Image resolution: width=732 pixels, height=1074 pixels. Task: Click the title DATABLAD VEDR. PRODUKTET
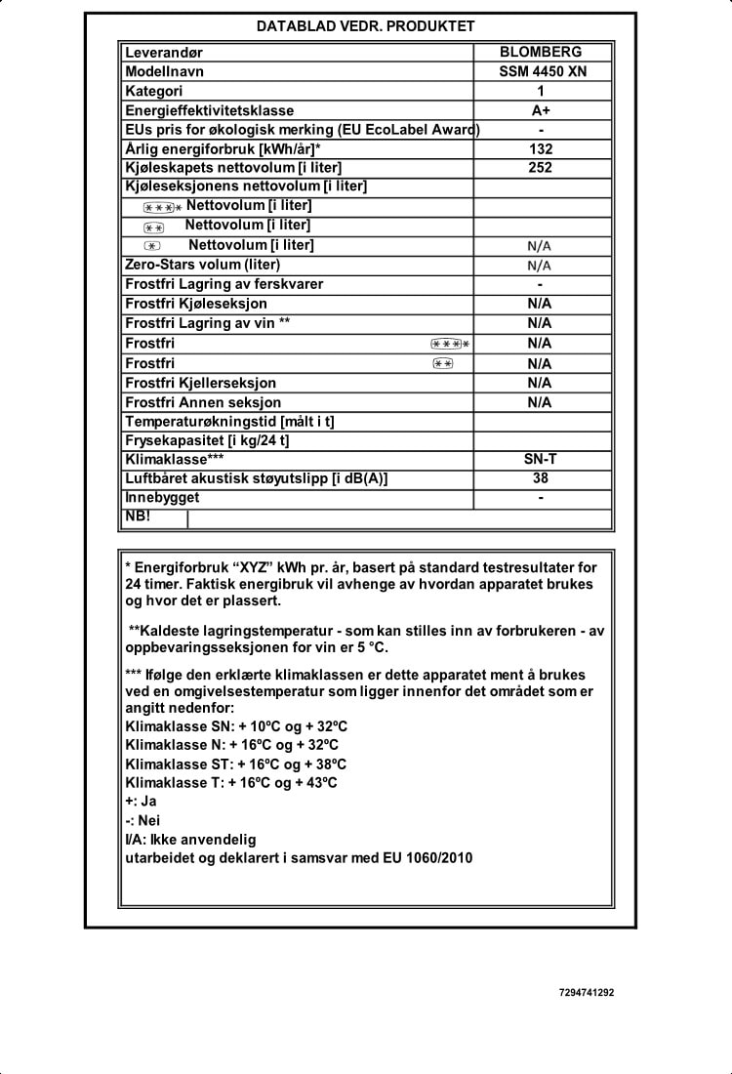365,26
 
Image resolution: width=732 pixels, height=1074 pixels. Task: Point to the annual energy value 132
540,149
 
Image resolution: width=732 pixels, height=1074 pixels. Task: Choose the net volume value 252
540,168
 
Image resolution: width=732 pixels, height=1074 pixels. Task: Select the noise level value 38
540,478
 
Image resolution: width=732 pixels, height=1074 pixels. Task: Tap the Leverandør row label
163,53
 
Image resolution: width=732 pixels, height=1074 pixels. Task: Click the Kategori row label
154,92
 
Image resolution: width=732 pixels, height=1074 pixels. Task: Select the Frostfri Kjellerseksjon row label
201,383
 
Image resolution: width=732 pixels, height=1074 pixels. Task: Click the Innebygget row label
162,497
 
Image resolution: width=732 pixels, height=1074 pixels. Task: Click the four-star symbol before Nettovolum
162,207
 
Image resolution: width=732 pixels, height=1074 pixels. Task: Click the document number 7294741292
587,992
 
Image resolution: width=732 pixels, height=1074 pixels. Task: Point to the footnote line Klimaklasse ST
236,764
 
